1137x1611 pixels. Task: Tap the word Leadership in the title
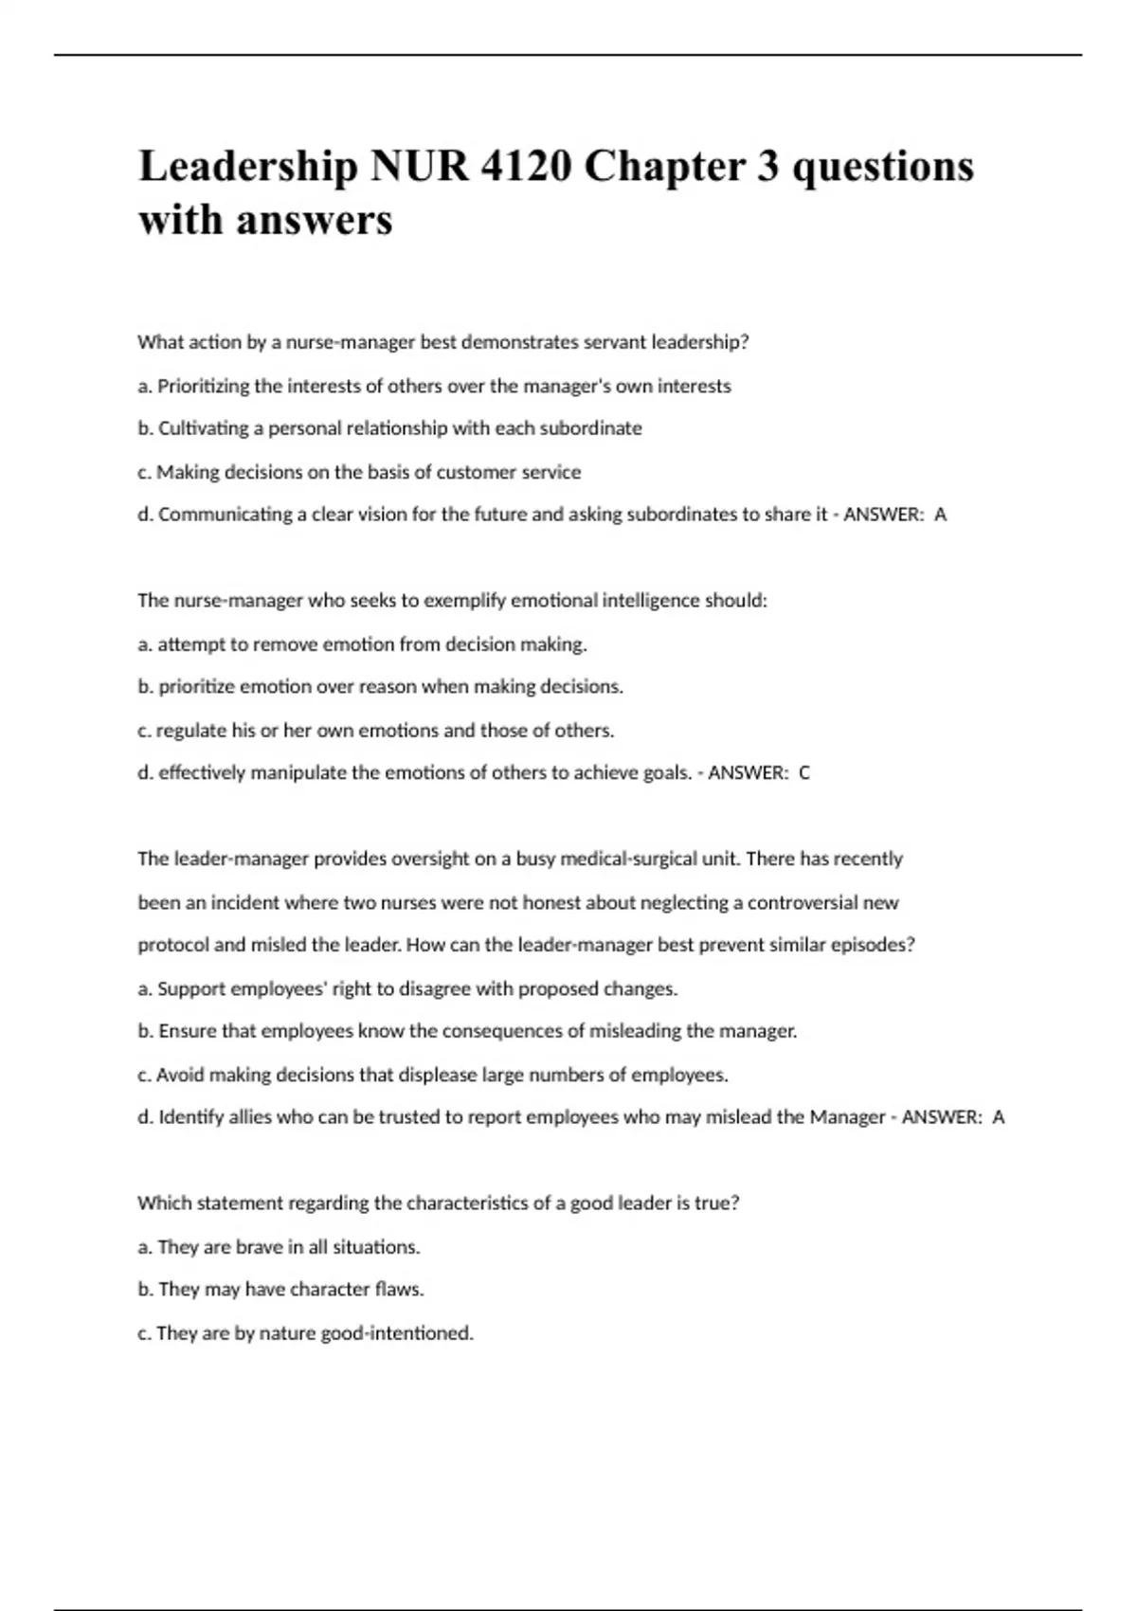tap(248, 167)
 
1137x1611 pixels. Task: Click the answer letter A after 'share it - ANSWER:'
tap(940, 515)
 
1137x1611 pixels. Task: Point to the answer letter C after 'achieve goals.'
tap(804, 773)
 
